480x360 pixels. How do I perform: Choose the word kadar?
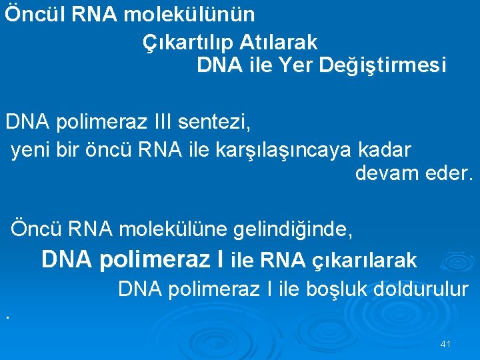click(x=386, y=148)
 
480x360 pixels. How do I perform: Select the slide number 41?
click(x=446, y=344)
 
